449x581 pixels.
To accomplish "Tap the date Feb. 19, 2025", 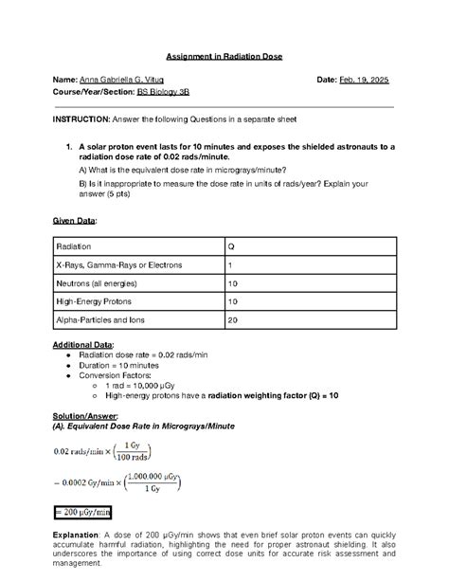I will (362, 81).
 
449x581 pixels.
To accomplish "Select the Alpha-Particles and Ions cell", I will (101, 320).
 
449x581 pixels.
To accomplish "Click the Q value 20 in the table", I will (232, 320).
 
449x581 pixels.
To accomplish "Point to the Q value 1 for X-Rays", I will (229, 264).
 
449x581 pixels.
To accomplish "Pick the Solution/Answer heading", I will (84, 415).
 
